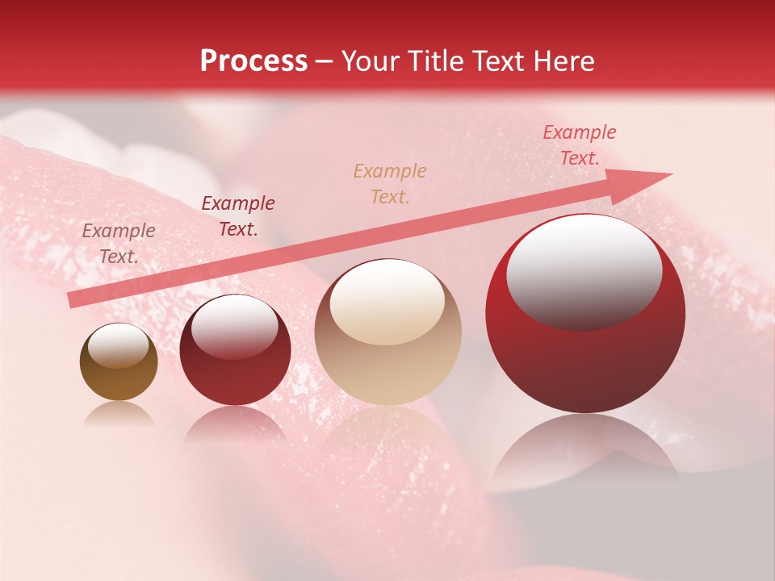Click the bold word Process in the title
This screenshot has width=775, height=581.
(253, 61)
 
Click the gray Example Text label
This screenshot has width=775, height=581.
(119, 243)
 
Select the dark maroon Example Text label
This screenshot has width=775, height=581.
(237, 215)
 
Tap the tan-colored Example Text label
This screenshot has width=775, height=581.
(390, 183)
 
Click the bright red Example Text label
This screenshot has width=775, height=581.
(579, 144)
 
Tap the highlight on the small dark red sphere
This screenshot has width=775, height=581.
(234, 326)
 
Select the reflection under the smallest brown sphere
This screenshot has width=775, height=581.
(119, 413)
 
